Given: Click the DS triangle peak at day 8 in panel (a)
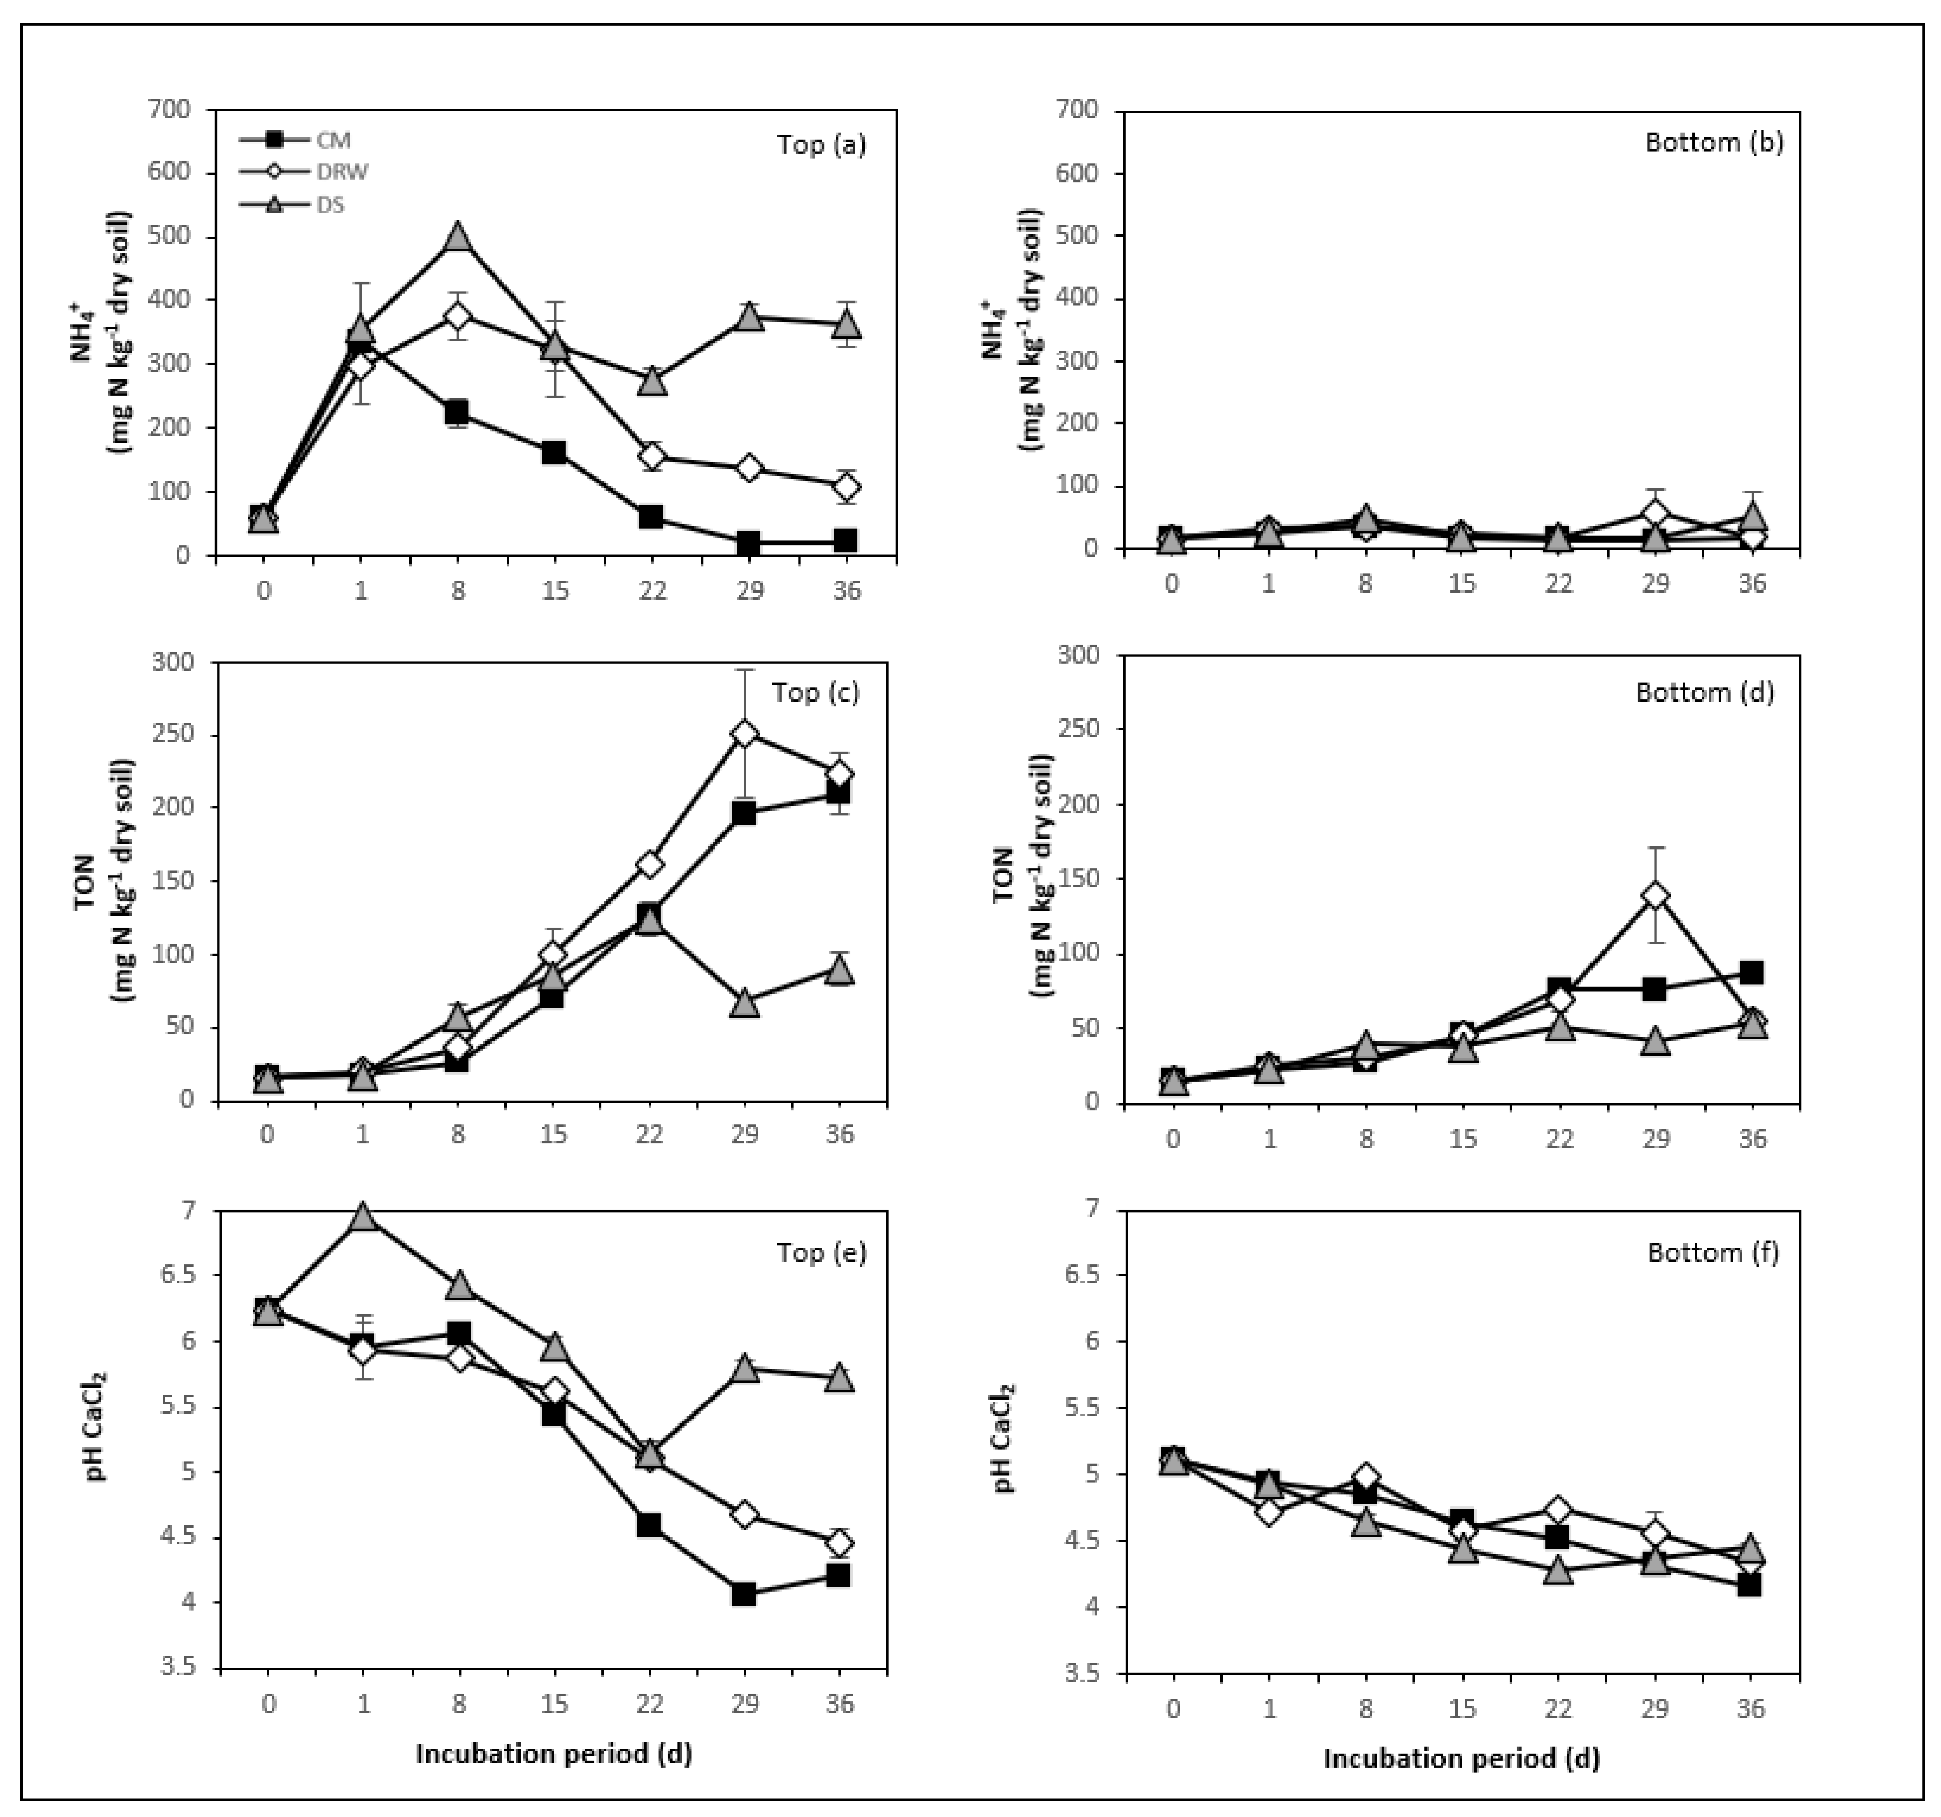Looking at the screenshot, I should pos(458,238).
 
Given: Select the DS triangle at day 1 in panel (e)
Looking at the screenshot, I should pos(363,1217).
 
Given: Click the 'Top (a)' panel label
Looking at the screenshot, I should pos(821,144).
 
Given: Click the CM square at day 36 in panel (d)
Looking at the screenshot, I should pos(1752,972).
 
